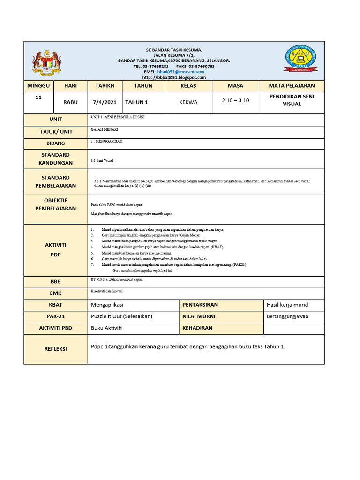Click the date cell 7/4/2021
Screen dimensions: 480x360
click(105, 102)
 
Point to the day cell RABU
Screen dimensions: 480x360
click(70, 102)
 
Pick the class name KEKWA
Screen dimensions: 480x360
click(188, 102)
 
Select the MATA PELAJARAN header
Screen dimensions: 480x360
click(292, 86)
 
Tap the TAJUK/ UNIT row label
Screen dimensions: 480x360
click(55, 132)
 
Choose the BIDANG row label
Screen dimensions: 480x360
click(55, 143)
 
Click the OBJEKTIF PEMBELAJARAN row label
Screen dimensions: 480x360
click(55, 204)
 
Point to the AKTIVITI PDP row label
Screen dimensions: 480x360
click(55, 249)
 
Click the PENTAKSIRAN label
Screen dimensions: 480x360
click(200, 305)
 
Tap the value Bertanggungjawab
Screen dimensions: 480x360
click(287, 316)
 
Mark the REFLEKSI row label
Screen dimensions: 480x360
click(55, 349)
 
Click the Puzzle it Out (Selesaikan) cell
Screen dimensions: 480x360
click(121, 316)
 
